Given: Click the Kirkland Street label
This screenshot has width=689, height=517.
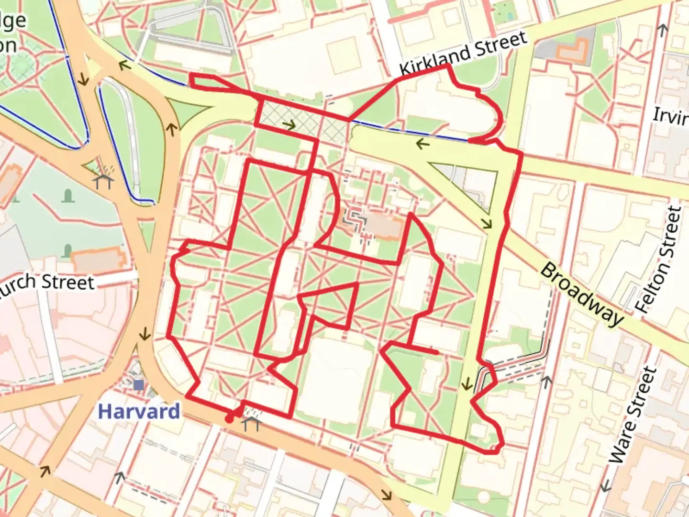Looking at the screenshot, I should [463, 53].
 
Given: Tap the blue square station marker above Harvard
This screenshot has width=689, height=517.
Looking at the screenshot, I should [139, 385].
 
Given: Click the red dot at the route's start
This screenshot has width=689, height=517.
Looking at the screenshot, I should [230, 419].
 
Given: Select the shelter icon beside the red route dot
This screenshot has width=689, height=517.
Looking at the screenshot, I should [251, 423].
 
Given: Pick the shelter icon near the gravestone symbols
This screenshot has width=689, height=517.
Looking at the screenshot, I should [104, 181].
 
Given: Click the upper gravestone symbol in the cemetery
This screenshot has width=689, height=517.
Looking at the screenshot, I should [67, 195].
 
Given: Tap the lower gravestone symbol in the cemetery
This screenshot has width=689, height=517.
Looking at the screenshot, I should [67, 250].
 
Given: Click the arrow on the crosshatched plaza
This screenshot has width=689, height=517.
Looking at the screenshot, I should [289, 125].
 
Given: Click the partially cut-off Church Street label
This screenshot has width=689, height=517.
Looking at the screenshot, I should [48, 283].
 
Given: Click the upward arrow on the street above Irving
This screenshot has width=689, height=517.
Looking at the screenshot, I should [663, 30].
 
